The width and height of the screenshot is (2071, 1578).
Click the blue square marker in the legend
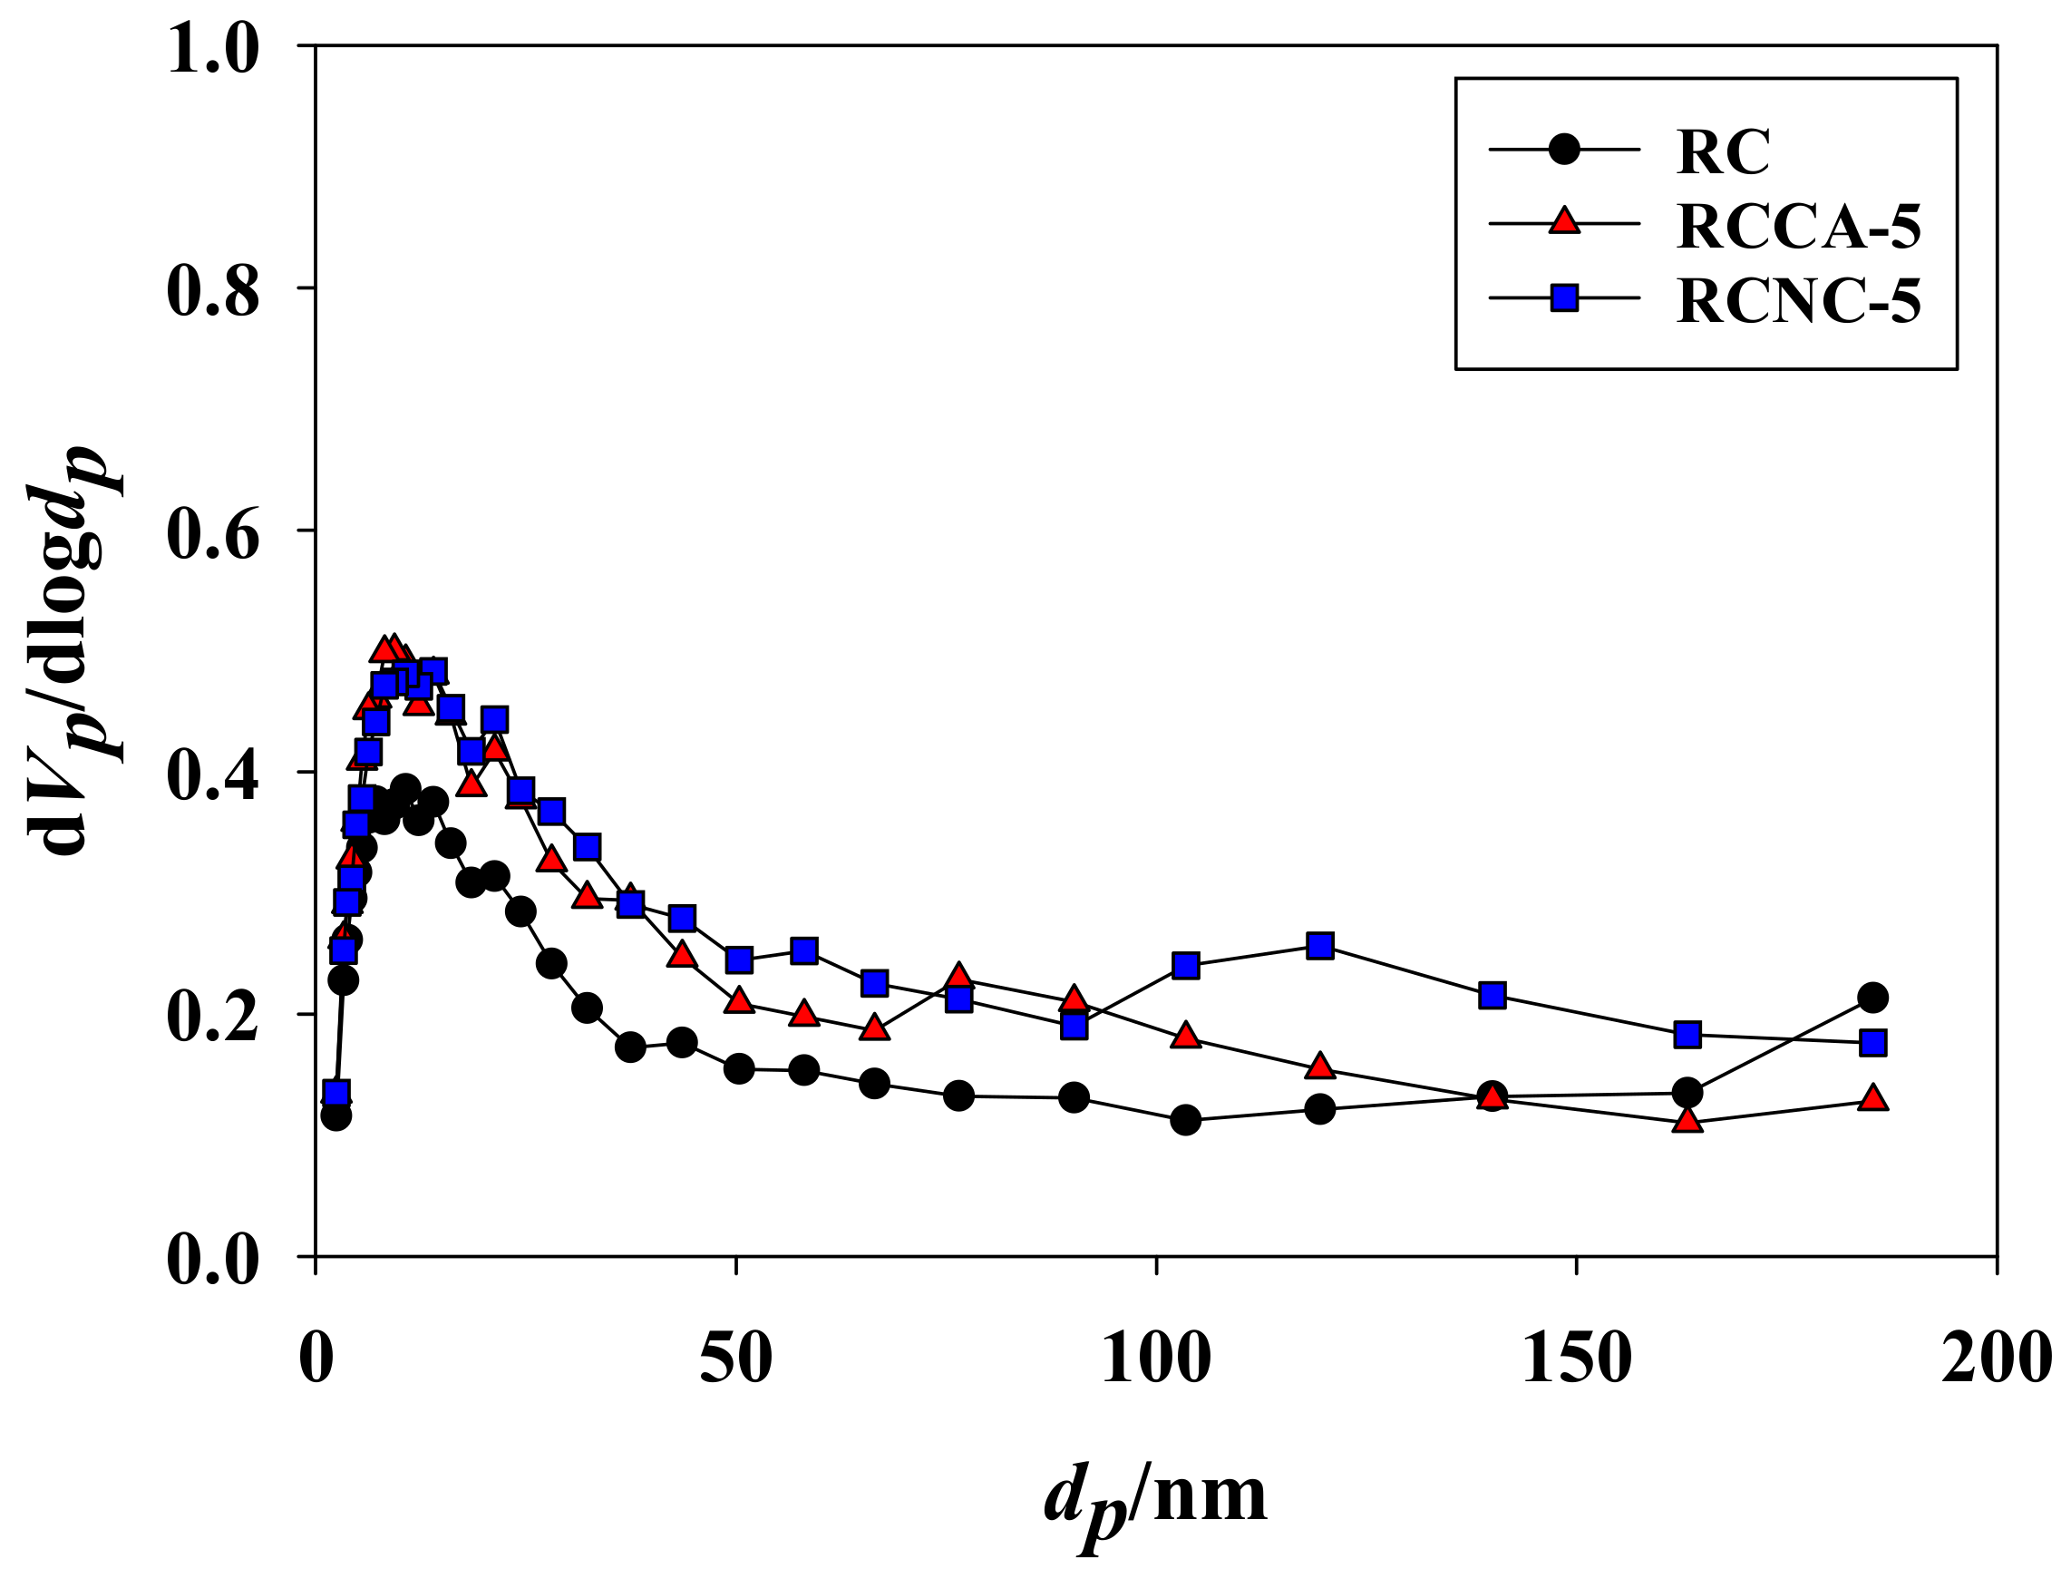[x=1564, y=298]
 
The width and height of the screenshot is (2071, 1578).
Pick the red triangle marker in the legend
[x=1564, y=222]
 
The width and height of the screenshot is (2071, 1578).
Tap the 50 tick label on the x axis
[x=735, y=1358]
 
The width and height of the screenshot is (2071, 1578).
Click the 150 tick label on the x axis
[x=1576, y=1358]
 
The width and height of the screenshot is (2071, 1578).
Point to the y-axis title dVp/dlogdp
[x=75, y=648]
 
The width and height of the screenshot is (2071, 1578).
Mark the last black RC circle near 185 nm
[x=1872, y=998]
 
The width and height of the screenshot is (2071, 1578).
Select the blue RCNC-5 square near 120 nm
[x=1319, y=946]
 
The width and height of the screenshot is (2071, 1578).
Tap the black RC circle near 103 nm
[x=1185, y=1120]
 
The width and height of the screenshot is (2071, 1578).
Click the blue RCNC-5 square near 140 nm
[x=1492, y=995]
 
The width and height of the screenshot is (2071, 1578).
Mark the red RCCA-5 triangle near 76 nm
[x=958, y=977]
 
